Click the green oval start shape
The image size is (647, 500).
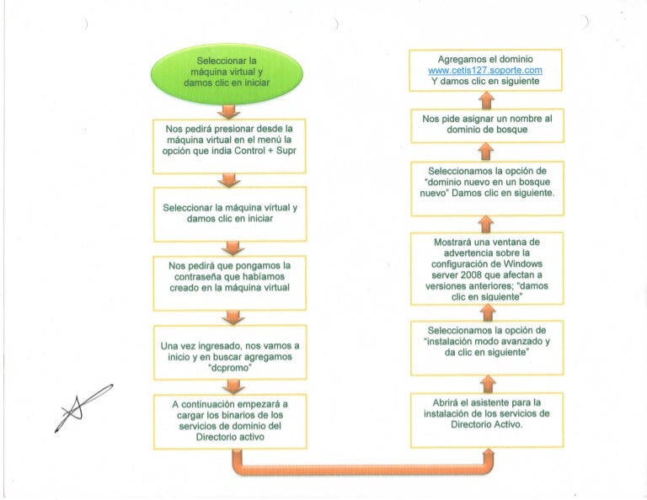point(227,75)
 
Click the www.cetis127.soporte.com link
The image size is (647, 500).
point(485,70)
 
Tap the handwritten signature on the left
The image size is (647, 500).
point(83,407)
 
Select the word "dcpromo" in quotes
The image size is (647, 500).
point(230,368)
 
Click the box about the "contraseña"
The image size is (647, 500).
point(230,283)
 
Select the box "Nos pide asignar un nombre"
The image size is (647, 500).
point(487,125)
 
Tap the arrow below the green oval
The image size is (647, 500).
point(228,111)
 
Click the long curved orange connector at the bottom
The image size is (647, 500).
point(363,469)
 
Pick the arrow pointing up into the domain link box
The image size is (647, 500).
point(487,100)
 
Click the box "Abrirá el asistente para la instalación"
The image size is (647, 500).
point(487,420)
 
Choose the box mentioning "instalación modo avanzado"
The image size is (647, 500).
point(487,348)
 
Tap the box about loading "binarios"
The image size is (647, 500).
point(230,421)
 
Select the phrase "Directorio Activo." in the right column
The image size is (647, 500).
point(486,424)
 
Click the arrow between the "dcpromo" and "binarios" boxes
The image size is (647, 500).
point(233,386)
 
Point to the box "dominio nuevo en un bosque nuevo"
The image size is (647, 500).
point(487,189)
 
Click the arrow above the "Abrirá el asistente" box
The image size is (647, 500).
point(488,384)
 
